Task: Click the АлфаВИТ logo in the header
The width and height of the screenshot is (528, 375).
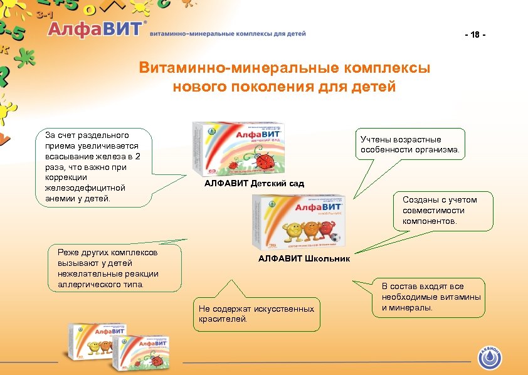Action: coord(96,30)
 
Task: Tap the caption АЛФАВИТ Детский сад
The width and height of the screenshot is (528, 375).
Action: coord(254,184)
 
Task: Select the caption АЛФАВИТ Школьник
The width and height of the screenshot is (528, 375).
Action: coord(304,258)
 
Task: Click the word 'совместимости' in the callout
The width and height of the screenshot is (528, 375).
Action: coord(433,211)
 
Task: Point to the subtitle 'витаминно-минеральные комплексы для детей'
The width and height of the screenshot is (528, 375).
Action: coord(228,34)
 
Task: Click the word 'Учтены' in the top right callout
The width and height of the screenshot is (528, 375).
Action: coord(374,139)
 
